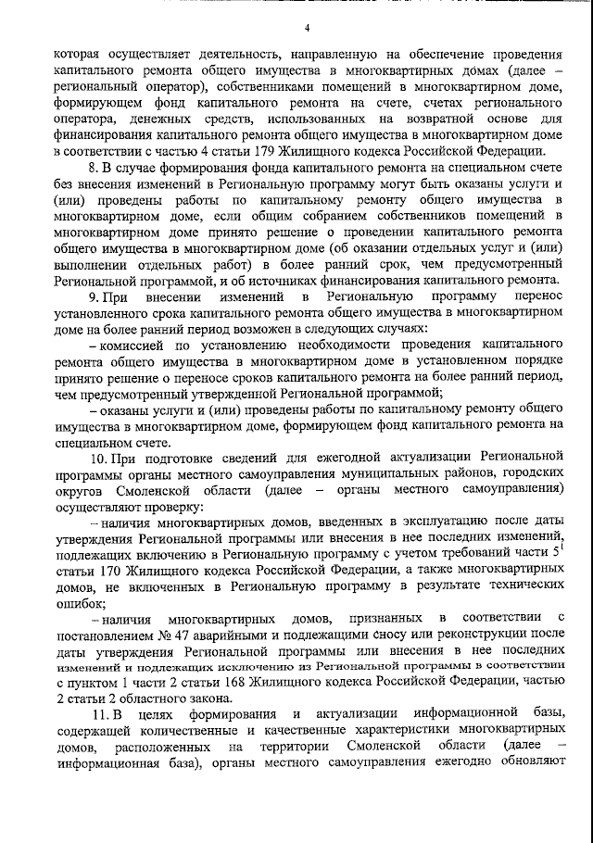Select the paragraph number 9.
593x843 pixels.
click(x=92, y=296)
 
